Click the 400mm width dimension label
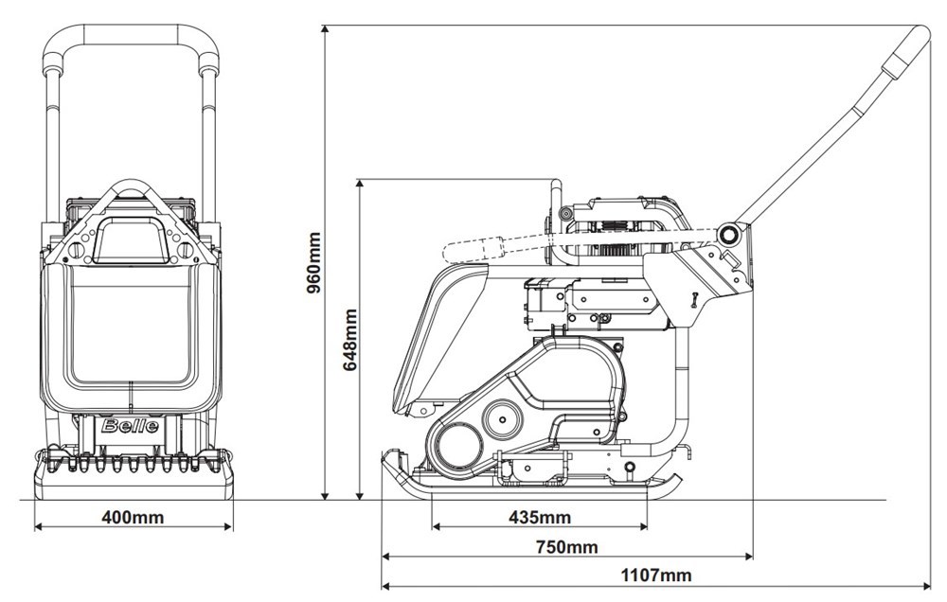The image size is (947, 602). pyautogui.click(x=132, y=517)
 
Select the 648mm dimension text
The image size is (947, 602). pyautogui.click(x=349, y=338)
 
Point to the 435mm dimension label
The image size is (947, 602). pyautogui.click(x=540, y=517)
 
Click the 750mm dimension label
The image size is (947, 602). pyautogui.click(x=566, y=547)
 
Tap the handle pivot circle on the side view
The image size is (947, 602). pyautogui.click(x=729, y=233)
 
